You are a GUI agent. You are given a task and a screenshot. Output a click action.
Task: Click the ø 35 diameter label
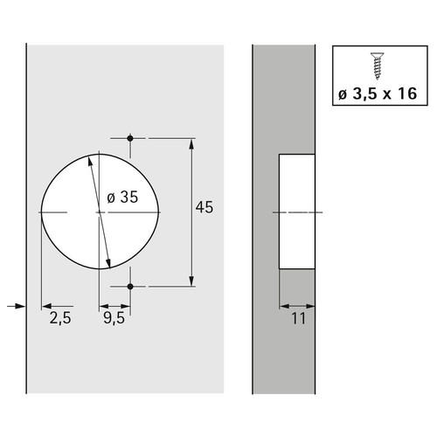[122, 198]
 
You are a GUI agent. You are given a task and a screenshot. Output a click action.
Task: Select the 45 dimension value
[205, 207]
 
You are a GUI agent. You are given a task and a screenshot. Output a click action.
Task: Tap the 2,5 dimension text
[60, 317]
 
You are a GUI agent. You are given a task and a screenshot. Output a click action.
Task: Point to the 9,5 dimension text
[114, 317]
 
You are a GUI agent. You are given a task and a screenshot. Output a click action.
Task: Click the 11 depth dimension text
[299, 318]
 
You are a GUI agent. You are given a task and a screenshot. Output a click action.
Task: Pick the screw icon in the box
[378, 66]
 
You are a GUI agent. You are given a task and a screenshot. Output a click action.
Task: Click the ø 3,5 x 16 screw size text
[378, 94]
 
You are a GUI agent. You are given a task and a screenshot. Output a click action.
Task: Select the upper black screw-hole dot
[130, 138]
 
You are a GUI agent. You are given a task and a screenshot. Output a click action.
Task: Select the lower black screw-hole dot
[130, 287]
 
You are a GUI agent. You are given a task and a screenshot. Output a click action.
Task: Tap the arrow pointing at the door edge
[16, 306]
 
